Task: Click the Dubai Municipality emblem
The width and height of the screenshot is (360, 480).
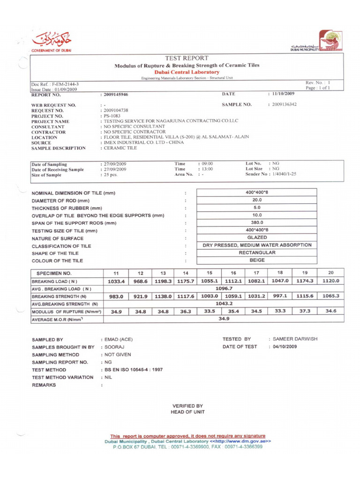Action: coord(330,41)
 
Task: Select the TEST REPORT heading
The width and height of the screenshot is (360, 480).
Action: coord(187,58)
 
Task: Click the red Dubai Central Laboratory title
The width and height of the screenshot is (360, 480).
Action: coord(187,72)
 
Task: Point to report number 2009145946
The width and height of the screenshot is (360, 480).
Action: coord(115,95)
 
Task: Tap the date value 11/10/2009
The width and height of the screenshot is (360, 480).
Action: coord(281,94)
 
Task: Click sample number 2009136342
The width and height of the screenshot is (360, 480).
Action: coord(282,104)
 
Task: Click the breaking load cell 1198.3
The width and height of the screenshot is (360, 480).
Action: coord(163,281)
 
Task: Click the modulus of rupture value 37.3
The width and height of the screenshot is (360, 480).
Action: coord(304,311)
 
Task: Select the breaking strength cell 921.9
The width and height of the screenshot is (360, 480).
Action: coord(140,296)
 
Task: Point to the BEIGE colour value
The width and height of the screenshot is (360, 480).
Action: coord(257,260)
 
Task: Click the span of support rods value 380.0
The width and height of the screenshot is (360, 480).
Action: coord(257,222)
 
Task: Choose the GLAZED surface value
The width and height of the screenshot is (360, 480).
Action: coord(257,237)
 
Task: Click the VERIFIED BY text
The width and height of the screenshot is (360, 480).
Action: coord(187,406)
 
